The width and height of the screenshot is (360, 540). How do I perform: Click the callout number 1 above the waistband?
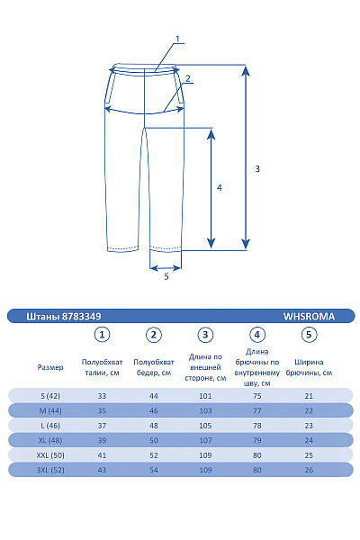click(x=178, y=39)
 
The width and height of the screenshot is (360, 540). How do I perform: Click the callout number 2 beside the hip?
click(x=187, y=78)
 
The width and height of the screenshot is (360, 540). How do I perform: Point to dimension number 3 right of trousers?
click(x=257, y=168)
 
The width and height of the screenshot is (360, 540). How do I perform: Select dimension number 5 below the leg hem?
click(x=166, y=277)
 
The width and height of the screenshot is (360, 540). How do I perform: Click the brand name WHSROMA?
click(x=309, y=316)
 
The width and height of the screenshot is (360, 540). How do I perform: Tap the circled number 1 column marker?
click(x=103, y=335)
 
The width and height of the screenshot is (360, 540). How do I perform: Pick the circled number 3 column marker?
click(x=206, y=335)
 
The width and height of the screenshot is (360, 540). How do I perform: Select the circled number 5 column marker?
click(x=309, y=335)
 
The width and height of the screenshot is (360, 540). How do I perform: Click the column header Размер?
click(x=50, y=367)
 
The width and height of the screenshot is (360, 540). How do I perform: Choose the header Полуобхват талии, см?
click(x=103, y=367)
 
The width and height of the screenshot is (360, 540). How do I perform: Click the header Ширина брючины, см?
click(x=309, y=367)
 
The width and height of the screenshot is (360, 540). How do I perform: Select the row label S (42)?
click(x=50, y=396)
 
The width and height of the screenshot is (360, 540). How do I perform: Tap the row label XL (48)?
click(x=50, y=440)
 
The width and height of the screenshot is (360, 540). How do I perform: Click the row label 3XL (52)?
click(x=50, y=470)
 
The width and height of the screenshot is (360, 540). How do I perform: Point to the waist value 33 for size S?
click(x=103, y=396)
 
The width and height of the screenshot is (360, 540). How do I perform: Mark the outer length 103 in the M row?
click(x=206, y=410)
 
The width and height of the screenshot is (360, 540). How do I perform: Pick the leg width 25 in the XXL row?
click(x=309, y=455)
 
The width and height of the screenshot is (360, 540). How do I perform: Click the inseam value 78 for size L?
click(x=257, y=426)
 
